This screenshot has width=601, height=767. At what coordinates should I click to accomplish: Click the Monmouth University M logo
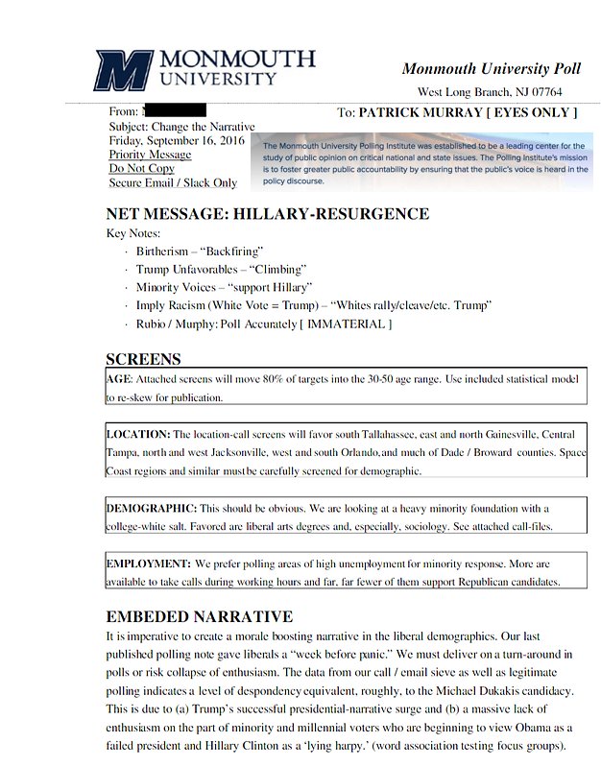123,70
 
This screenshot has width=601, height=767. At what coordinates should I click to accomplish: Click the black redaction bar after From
174,112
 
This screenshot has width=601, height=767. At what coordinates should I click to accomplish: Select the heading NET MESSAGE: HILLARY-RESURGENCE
267,213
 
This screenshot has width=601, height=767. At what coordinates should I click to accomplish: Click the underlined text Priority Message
150,155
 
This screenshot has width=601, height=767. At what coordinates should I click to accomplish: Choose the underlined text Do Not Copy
141,168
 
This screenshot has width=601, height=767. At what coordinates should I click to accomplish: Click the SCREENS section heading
143,359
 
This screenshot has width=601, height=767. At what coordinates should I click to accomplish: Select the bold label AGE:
120,379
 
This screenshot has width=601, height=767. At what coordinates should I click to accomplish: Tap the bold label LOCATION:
138,434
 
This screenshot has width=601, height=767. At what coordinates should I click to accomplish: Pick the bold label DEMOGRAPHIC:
151,507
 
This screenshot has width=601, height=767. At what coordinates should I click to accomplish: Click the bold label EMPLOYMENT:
147,563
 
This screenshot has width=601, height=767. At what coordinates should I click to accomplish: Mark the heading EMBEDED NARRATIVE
199,615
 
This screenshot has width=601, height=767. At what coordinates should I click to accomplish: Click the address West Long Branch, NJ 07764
490,92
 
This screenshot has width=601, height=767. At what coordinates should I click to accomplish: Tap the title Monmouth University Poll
491,68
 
